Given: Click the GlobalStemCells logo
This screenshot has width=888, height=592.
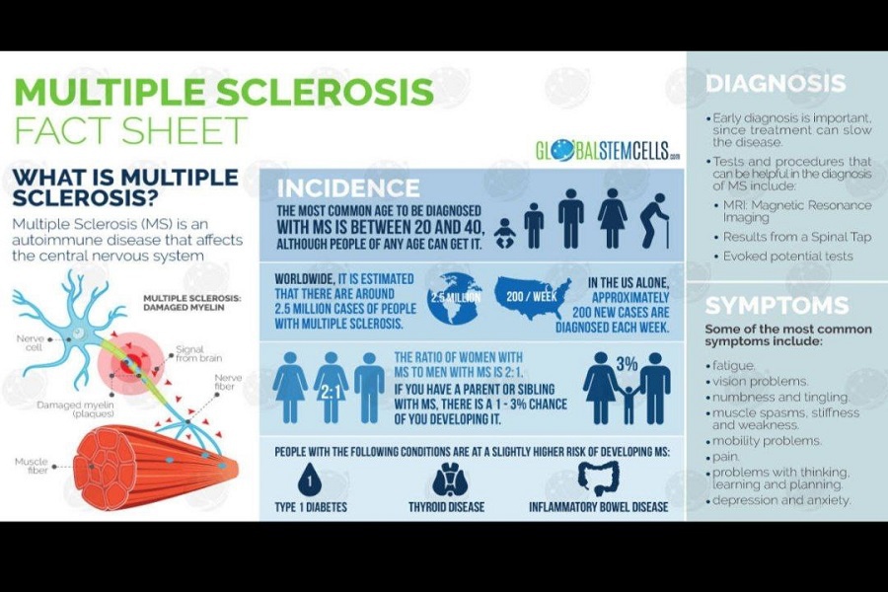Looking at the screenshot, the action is click(x=608, y=151).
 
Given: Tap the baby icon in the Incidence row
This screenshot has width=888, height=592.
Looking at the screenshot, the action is click(x=504, y=233).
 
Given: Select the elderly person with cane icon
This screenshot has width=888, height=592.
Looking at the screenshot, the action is click(x=655, y=221).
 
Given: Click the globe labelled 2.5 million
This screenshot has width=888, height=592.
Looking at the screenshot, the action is click(x=455, y=298).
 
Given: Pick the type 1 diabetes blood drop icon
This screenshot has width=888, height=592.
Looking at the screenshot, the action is click(x=309, y=480).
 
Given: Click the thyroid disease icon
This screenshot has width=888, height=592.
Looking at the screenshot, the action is click(x=450, y=480).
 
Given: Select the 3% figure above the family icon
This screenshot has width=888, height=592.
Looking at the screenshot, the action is click(x=627, y=364).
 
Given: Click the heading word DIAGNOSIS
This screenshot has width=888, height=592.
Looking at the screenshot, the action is click(x=776, y=83).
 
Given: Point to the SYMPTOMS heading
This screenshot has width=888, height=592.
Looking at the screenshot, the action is click(x=777, y=305).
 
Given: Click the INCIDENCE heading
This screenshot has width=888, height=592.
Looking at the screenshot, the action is click(x=348, y=187).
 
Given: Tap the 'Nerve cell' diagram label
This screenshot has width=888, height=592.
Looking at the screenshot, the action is click(x=30, y=342).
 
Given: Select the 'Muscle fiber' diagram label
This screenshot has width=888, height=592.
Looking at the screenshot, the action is click(x=32, y=466).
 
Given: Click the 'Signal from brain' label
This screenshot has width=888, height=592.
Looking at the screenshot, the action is click(x=198, y=353).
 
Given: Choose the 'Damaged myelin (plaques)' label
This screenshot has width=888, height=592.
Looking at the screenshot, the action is click(x=75, y=409).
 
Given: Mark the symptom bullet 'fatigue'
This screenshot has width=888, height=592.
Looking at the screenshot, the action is click(x=733, y=365).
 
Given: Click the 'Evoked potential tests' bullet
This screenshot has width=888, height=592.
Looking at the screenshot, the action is click(x=787, y=257).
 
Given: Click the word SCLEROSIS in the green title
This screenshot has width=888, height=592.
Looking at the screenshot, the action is click(x=325, y=91).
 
